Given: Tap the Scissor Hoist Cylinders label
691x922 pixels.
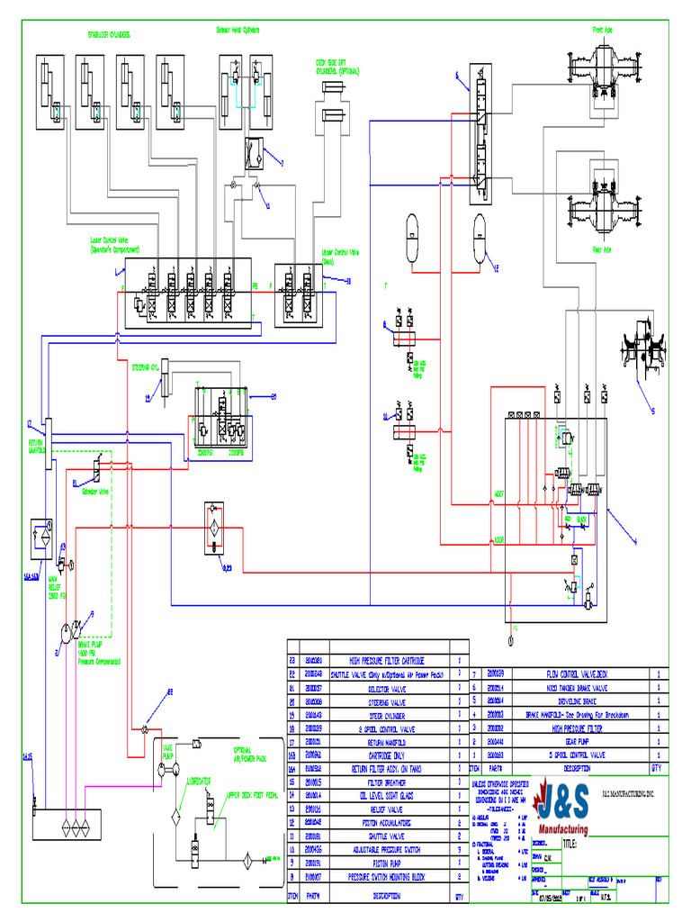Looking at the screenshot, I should pos(238,30).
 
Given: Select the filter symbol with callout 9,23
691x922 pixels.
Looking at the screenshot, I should pos(214,532).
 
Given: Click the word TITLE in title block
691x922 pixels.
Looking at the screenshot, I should pos(570,845).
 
